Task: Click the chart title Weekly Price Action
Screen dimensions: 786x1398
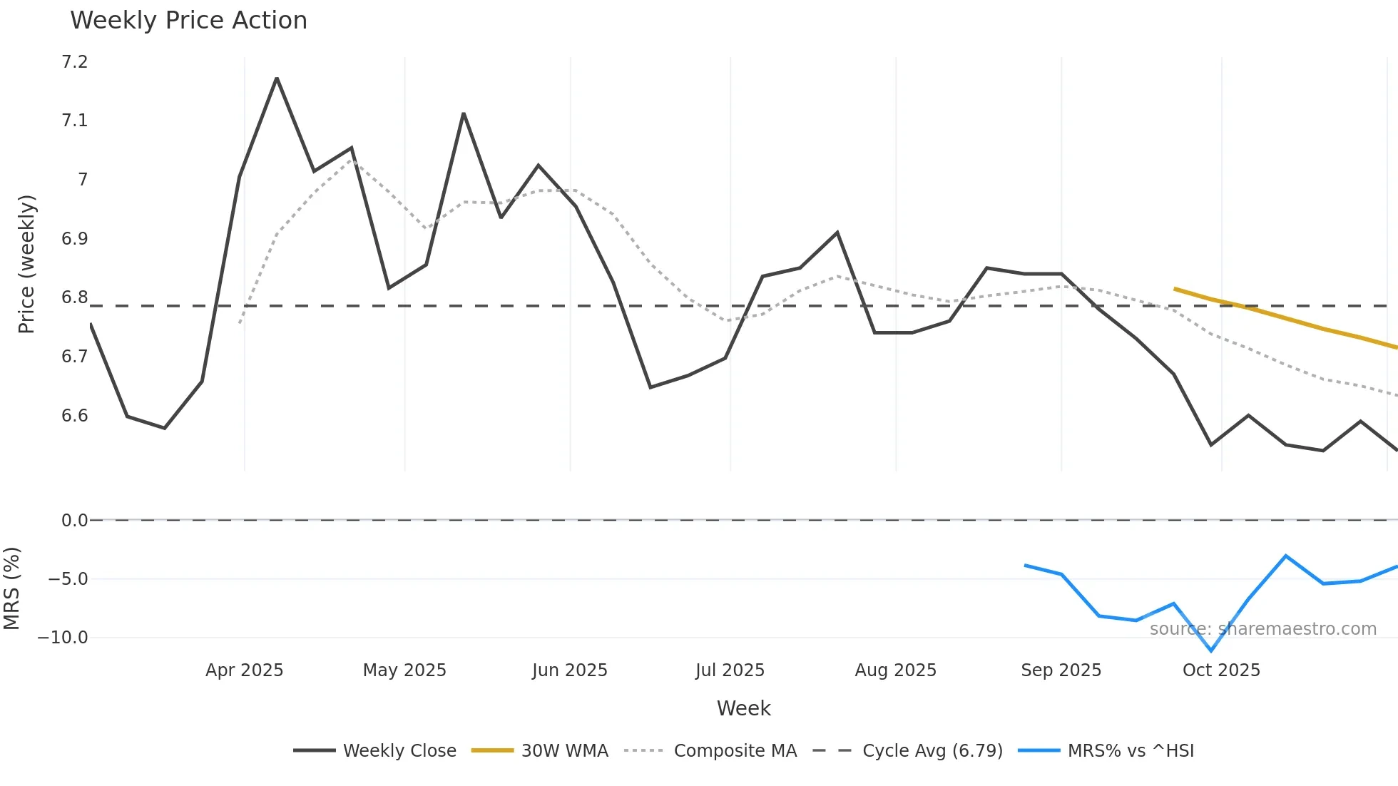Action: [188, 21]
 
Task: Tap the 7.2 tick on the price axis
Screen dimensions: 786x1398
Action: [75, 62]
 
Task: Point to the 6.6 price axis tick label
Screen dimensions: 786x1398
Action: [75, 416]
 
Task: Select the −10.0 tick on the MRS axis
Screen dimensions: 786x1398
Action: [63, 638]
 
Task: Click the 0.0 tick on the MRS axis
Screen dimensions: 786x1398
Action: [74, 521]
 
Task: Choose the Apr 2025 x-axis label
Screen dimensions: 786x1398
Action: [244, 670]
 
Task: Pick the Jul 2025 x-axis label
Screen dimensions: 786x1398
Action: [730, 670]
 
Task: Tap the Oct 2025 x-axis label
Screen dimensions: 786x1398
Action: [1221, 670]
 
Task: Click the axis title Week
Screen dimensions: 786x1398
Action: [743, 708]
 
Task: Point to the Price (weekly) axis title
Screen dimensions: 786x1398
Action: [26, 264]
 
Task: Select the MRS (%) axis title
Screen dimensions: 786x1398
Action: [11, 588]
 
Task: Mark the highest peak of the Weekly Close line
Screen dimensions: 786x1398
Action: [277, 78]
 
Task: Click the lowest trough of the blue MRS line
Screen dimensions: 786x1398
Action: [1211, 650]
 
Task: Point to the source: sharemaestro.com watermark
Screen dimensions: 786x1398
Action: [1262, 629]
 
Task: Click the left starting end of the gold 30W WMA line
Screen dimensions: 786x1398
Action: [1175, 289]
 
